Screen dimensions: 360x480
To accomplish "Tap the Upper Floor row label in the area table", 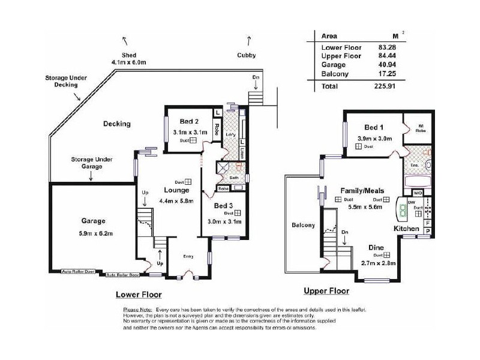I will pos(341,56).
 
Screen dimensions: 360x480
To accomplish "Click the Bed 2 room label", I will pos(181,122).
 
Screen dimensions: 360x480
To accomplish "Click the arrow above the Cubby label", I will pos(249,40).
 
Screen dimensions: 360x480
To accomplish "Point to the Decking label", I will pos(116,124).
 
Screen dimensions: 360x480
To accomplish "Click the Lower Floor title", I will pos(138,295).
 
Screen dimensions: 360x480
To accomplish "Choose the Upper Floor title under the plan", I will pos(326,291).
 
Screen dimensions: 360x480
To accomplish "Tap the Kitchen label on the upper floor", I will pos(406,229).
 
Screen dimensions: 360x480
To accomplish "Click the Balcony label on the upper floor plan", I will pos(303,226).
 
